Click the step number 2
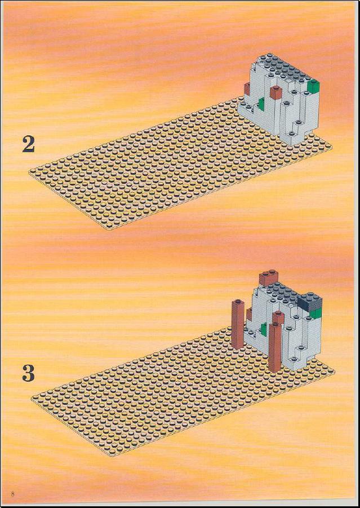point(29,144)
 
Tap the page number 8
point(12,494)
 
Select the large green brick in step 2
point(313,86)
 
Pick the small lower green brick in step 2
point(261,105)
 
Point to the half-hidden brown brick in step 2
point(247,89)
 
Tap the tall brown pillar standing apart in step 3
point(237,324)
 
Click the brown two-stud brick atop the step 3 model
point(268,278)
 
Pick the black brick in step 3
point(310,301)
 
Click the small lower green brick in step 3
point(264,330)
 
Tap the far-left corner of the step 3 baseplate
point(32,398)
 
